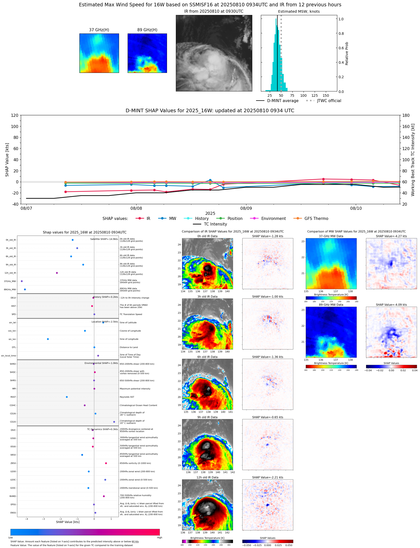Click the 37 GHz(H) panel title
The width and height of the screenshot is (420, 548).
99,30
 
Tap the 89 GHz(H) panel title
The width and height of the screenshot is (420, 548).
147,30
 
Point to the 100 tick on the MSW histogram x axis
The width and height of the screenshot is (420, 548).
304,96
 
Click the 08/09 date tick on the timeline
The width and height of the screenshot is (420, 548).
246,208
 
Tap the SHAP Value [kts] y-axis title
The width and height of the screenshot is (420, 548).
7,160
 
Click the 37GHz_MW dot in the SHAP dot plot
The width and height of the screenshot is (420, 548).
22,281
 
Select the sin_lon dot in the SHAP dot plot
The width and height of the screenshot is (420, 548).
48,339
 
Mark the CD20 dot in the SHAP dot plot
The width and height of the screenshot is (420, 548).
114,422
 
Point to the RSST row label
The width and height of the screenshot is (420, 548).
13,397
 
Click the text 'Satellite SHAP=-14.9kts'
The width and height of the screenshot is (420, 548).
104,239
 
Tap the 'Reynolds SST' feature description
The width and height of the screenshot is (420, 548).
127,397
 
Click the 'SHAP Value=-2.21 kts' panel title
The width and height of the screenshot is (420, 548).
267,477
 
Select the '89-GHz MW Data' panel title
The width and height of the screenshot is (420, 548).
331,305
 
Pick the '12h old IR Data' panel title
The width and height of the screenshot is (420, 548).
207,477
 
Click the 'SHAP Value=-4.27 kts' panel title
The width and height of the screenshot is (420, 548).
391,236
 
